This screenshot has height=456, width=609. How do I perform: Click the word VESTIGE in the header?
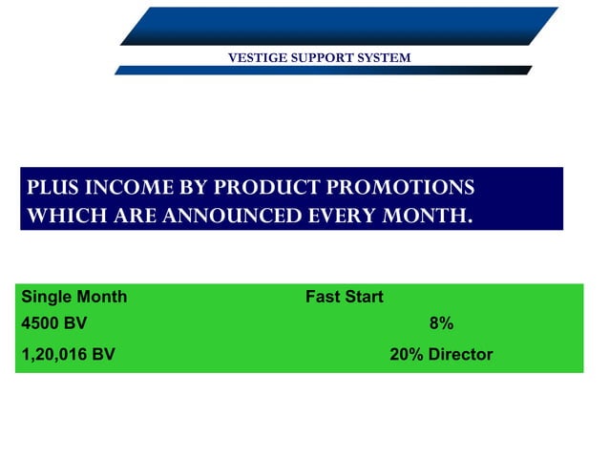pyautogui.click(x=256, y=58)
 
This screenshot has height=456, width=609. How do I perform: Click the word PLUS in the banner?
pyautogui.click(x=52, y=188)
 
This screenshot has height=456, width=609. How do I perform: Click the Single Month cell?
pyautogui.click(x=73, y=297)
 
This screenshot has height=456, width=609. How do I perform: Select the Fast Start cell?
pyautogui.click(x=344, y=297)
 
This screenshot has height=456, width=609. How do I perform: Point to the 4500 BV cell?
pyautogui.click(x=53, y=324)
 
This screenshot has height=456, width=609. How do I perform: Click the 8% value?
pyautogui.click(x=441, y=324)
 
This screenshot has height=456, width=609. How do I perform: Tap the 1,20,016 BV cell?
pyautogui.click(x=68, y=355)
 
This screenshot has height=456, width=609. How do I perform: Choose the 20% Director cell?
pyautogui.click(x=441, y=355)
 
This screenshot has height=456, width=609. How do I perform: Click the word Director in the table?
pyautogui.click(x=460, y=355)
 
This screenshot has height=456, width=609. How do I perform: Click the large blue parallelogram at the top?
pyautogui.click(x=339, y=26)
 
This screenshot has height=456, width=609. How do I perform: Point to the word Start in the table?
pyautogui.click(x=363, y=297)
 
